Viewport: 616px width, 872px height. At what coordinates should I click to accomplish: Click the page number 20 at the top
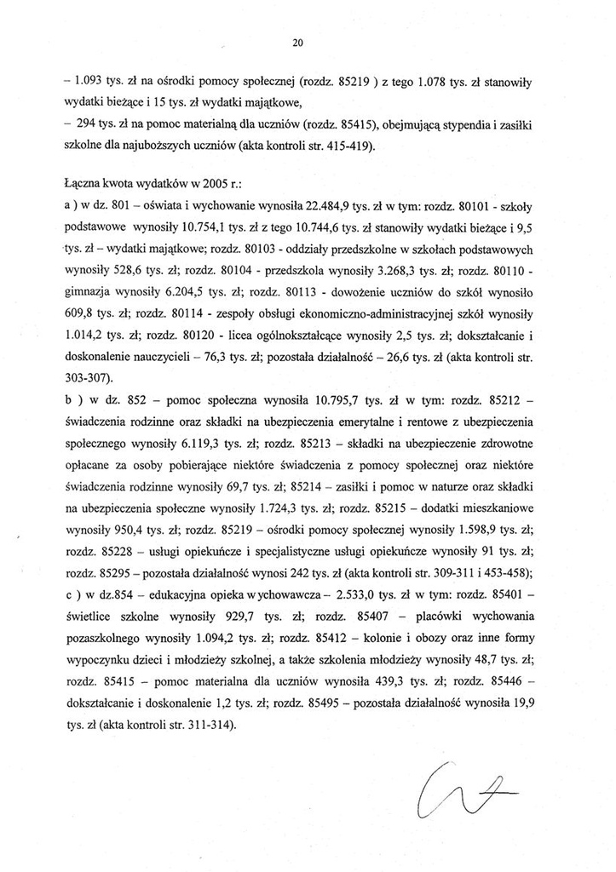pyautogui.click(x=297, y=42)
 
